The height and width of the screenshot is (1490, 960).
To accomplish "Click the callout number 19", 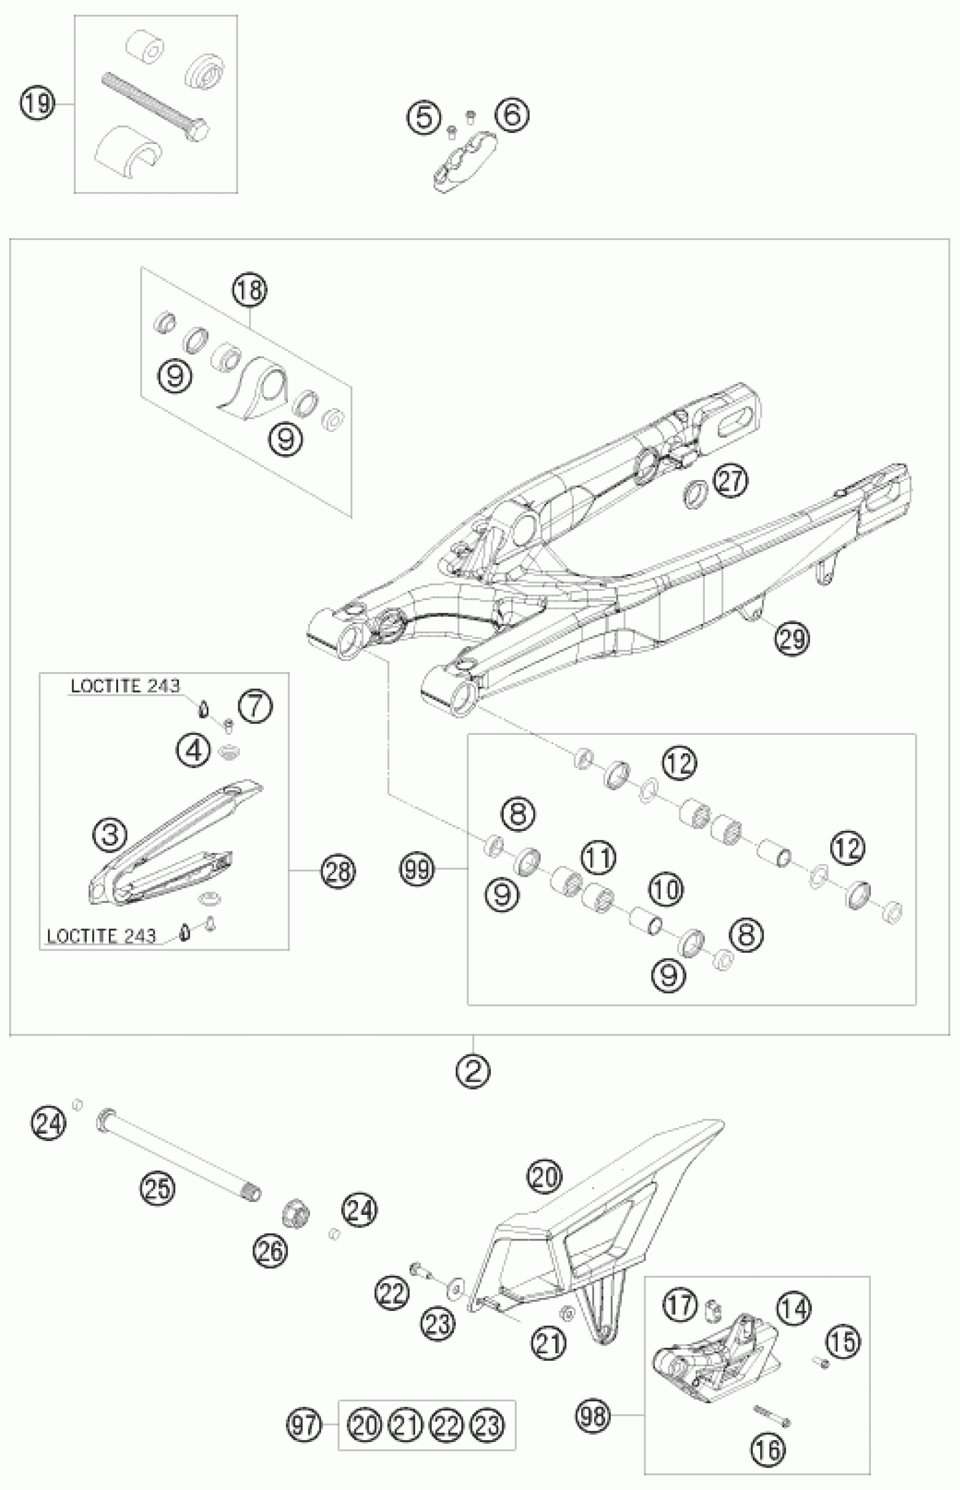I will click(x=37, y=102).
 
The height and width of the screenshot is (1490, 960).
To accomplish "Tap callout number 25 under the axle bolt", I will click(x=157, y=1187).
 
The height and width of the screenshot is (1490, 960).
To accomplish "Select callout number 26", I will click(x=270, y=1250).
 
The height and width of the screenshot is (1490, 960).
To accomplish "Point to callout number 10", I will click(x=666, y=890).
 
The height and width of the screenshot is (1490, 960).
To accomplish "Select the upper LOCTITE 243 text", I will click(x=125, y=686).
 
